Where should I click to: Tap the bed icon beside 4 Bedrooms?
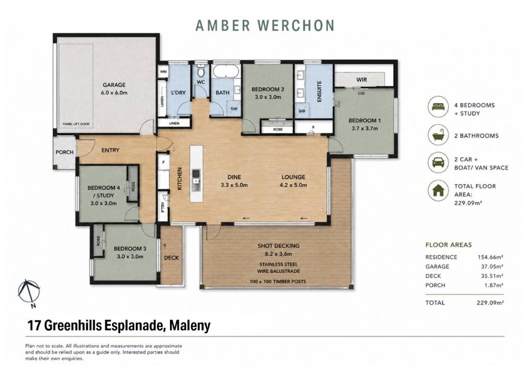coord(438,107)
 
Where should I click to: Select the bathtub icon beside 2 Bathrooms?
coord(438,136)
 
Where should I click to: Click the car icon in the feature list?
coord(438,162)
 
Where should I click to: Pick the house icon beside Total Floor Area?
coord(438,191)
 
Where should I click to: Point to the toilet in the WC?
coord(201,71)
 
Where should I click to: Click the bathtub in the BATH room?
coord(226,71)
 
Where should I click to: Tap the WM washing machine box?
coord(163,72)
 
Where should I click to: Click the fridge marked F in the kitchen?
coord(163,162)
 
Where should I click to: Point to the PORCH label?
coord(65,152)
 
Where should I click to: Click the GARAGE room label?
coord(114,85)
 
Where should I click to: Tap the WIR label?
coord(361,80)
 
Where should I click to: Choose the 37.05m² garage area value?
coord(490,267)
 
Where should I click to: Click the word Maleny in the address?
coord(190,326)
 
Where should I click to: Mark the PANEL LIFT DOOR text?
coord(76,124)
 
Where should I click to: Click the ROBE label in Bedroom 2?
coord(278,129)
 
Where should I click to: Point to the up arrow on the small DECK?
coord(165,247)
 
